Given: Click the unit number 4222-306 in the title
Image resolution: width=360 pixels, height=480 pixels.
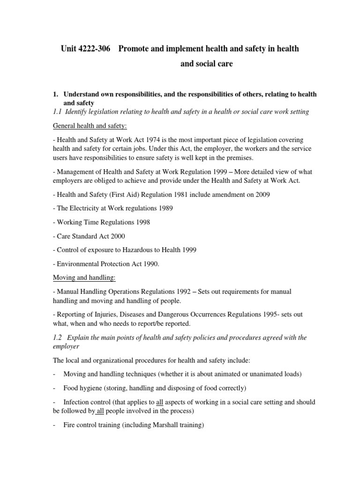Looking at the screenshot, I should point(92,49).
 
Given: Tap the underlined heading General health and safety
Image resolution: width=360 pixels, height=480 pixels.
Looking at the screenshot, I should point(84,126).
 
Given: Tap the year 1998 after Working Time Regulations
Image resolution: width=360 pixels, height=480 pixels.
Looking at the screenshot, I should point(141,222).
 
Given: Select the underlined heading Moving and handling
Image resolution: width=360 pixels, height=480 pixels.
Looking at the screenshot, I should point(81,278).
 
